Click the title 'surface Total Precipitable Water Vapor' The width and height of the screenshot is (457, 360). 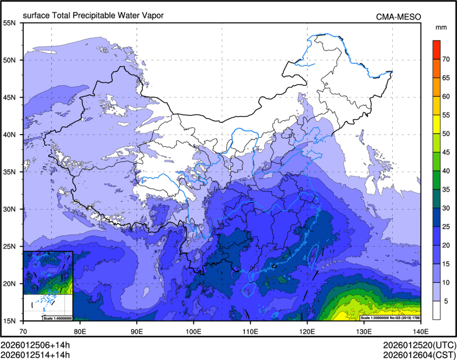[93, 16]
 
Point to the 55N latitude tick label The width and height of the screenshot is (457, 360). [9, 23]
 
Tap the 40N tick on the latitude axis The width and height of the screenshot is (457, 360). [9, 135]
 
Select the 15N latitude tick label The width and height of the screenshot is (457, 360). [9, 321]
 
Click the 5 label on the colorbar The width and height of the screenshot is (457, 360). [446, 301]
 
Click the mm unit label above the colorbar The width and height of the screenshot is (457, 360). [441, 27]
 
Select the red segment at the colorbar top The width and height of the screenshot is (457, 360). [436, 45]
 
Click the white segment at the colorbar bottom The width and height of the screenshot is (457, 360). [436, 310]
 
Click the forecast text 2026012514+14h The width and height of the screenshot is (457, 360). [35, 355]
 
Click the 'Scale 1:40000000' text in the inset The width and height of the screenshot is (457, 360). [57, 318]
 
